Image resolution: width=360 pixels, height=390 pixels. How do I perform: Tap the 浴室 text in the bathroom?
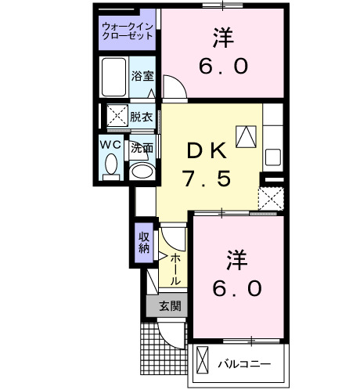(x=142, y=78)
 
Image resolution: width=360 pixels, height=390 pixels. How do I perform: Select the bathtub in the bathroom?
(x=115, y=79)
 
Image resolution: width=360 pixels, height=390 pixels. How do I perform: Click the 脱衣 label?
(x=142, y=117)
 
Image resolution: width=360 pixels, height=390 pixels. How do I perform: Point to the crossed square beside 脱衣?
(x=116, y=117)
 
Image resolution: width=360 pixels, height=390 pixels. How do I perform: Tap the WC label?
(x=110, y=146)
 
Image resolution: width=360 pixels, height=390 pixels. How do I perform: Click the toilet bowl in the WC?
(x=111, y=165)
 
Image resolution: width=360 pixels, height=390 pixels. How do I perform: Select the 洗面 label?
(x=142, y=146)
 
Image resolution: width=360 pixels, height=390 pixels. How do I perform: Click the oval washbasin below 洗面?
(x=141, y=171)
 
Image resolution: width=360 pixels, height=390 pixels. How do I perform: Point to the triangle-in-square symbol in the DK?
(x=247, y=135)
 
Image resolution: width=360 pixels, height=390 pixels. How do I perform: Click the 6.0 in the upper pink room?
(x=224, y=65)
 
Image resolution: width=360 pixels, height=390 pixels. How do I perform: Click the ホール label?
(x=176, y=269)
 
